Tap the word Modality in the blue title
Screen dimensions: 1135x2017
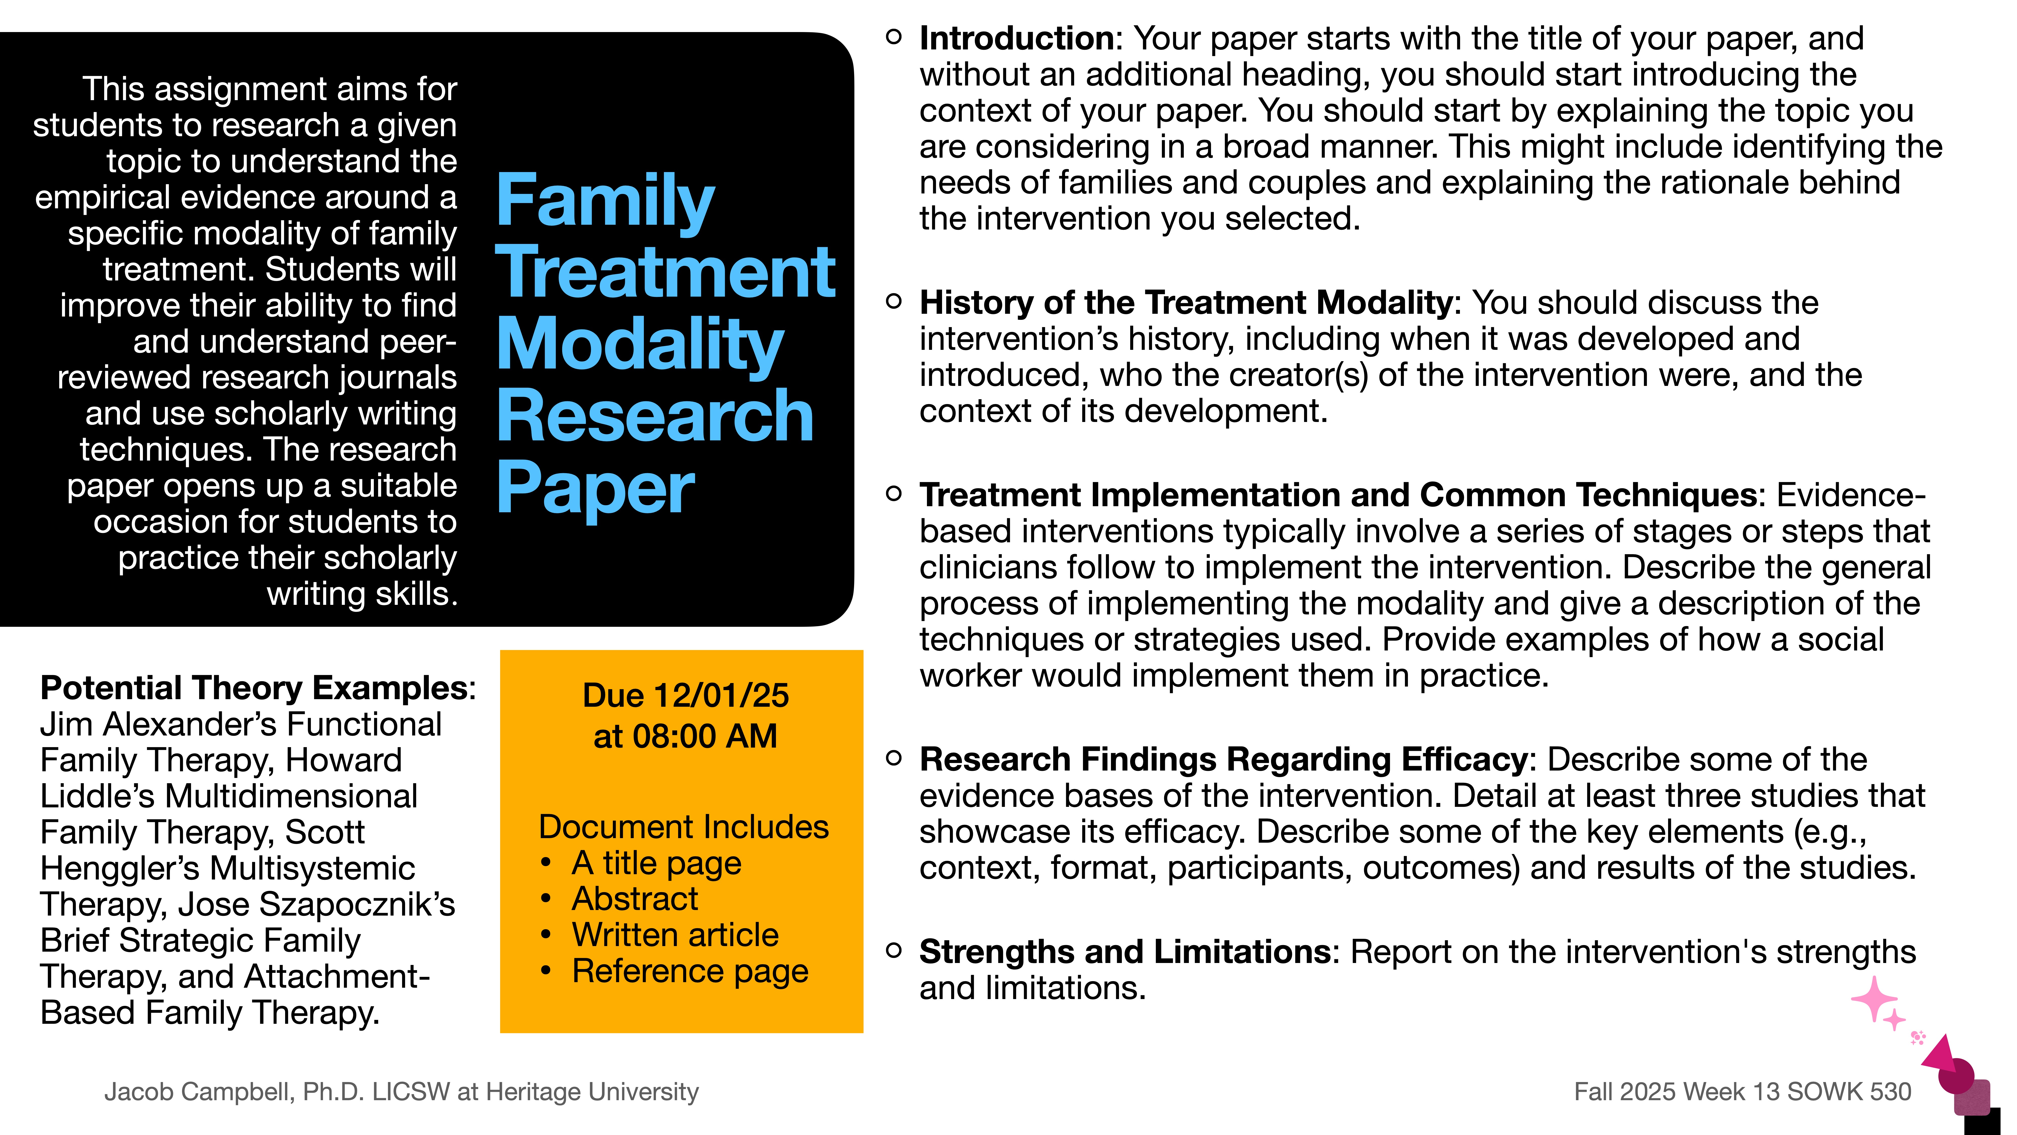point(640,345)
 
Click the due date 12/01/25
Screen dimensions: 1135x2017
point(720,696)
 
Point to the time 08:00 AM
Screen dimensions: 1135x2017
point(705,736)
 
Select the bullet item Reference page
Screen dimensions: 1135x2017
point(689,971)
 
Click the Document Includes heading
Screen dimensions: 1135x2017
point(684,827)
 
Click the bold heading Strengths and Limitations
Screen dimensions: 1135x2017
point(1124,952)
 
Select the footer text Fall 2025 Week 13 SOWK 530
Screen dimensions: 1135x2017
point(1742,1091)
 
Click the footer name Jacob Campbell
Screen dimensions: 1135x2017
point(199,1091)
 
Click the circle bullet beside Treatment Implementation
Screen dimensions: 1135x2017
point(893,494)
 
